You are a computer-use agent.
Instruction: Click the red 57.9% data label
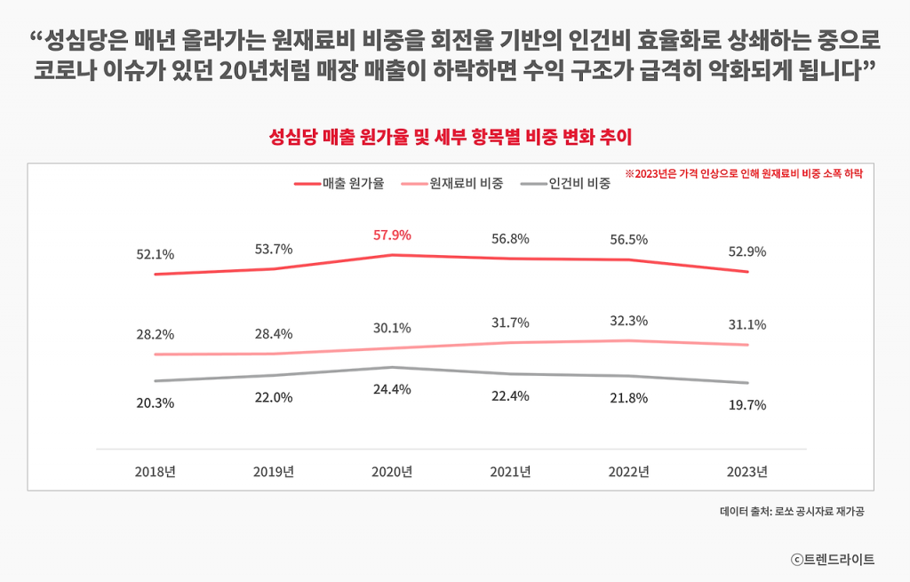coord(391,235)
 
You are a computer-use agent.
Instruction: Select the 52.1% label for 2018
coord(155,254)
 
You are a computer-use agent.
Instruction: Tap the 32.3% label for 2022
coord(628,321)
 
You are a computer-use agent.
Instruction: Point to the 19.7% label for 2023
coord(746,405)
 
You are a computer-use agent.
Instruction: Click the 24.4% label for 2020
coord(391,389)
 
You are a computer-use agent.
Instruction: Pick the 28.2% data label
coord(155,335)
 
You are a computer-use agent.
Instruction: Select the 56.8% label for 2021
coord(510,238)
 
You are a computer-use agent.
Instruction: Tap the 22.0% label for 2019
coord(273,397)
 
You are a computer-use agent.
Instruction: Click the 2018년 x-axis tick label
coord(155,471)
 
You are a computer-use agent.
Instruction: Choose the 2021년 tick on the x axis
coord(510,471)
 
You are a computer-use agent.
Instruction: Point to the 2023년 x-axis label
coord(746,471)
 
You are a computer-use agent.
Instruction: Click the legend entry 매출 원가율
coord(339,184)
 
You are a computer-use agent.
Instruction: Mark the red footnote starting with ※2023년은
coord(744,174)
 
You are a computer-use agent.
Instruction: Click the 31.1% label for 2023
coord(746,324)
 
